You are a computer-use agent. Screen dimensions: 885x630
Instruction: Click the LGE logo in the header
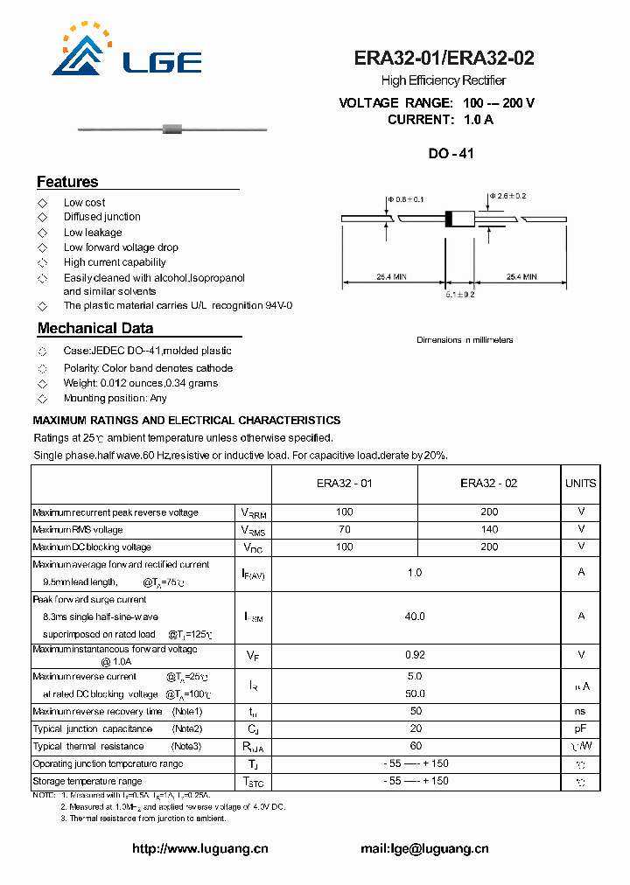(126, 52)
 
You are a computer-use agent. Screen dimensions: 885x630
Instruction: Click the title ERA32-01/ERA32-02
(444, 59)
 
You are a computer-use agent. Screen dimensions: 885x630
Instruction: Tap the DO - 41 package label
(451, 153)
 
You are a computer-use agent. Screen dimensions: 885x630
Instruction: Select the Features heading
(67, 182)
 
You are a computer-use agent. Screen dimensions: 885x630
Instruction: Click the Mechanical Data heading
(95, 329)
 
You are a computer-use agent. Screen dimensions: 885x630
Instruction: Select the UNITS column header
(580, 484)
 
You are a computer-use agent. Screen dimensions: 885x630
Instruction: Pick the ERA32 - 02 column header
(489, 484)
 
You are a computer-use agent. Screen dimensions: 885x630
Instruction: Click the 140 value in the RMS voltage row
(489, 529)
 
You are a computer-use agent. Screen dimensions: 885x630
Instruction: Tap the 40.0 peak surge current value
(415, 617)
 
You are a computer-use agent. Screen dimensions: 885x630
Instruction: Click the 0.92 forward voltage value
(415, 653)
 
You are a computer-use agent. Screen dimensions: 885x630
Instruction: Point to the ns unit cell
(580, 712)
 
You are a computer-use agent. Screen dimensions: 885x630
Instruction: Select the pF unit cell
(580, 728)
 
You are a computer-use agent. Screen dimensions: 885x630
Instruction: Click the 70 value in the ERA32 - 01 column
(345, 529)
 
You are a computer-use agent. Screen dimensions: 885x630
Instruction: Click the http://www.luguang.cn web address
(199, 848)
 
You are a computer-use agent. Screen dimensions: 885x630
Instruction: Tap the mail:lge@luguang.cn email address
(424, 848)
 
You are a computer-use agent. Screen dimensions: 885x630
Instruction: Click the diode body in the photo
(172, 130)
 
